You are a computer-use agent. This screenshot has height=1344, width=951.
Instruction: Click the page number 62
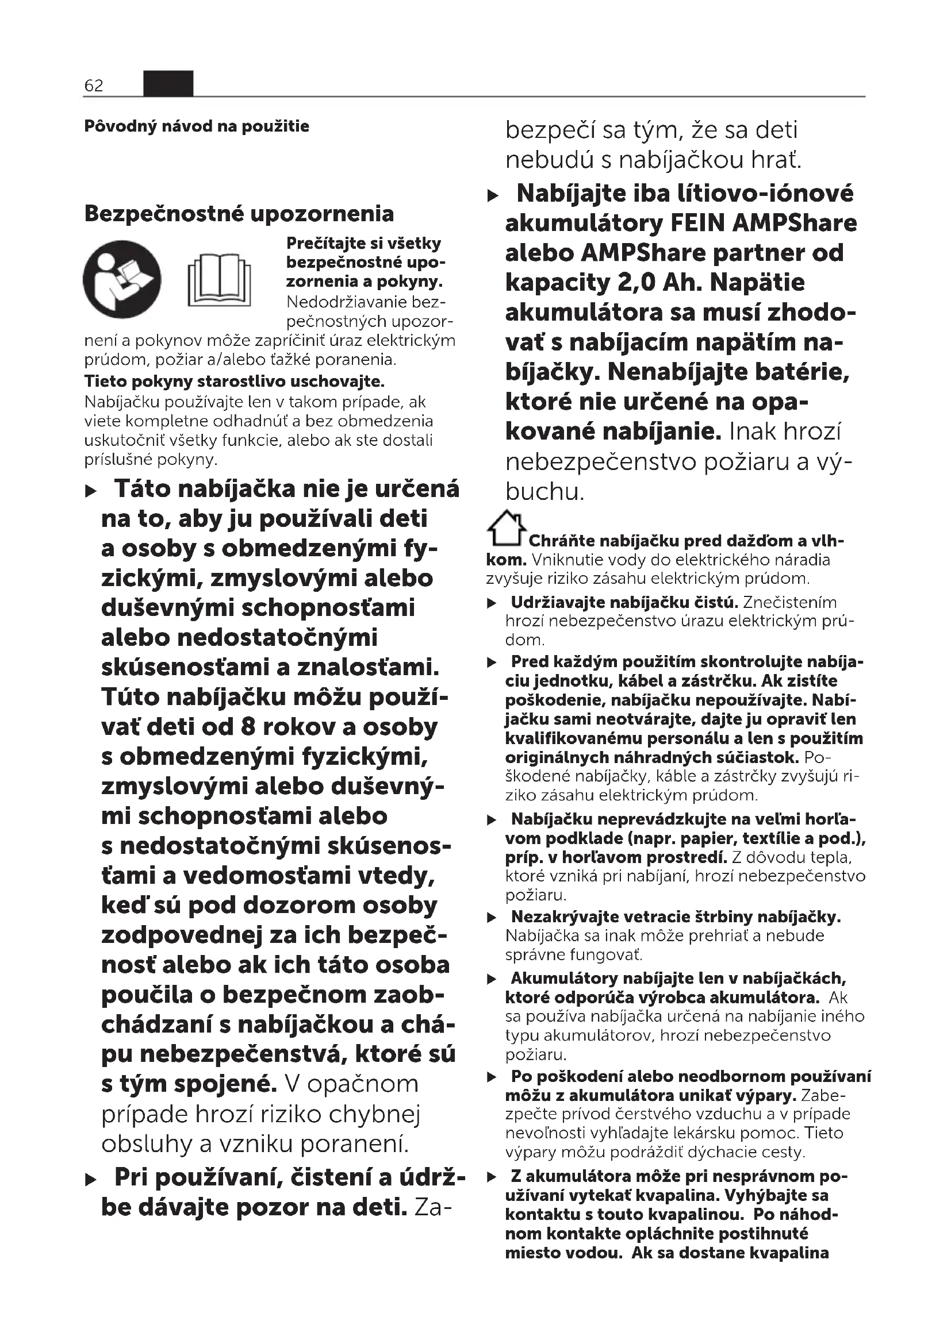pos(94,86)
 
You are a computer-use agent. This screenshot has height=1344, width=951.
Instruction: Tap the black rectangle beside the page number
pos(168,83)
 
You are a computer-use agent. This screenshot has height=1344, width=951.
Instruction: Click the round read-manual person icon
pos(122,279)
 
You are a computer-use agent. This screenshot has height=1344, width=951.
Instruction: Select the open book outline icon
pos(219,280)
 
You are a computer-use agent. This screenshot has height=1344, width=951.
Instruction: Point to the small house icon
pos(506,527)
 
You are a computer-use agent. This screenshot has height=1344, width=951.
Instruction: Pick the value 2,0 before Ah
pos(635,283)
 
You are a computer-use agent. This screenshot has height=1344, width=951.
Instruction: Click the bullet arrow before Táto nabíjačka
pos(91,491)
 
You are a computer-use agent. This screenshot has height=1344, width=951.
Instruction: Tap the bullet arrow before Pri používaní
pos(91,1180)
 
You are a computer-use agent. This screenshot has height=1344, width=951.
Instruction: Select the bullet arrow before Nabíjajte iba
pos(493,195)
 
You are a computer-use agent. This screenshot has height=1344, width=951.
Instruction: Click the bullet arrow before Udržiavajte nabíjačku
pos(492,603)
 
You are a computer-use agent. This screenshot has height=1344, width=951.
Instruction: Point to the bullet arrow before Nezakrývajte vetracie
pos(492,917)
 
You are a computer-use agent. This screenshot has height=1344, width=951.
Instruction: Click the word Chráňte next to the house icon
pos(562,541)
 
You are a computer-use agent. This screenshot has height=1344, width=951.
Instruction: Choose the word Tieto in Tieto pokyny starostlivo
pos(105,382)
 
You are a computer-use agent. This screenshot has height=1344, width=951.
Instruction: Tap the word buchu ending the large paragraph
pos(544,492)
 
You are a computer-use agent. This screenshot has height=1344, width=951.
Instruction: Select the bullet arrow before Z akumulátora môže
pos(492,1177)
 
